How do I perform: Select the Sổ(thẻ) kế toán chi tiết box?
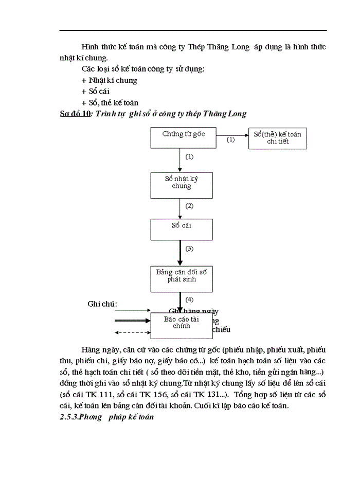[277, 138]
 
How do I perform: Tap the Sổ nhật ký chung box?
[181, 185]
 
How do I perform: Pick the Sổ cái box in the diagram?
[181, 228]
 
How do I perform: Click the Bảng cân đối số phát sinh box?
[181, 278]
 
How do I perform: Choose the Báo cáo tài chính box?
[181, 325]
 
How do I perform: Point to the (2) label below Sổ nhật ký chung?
[189, 206]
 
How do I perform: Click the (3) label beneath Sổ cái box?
[189, 249]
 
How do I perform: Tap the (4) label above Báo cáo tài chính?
[189, 299]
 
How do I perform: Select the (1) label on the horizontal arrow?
[230, 139]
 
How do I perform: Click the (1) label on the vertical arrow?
[189, 156]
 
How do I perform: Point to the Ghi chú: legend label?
[102, 304]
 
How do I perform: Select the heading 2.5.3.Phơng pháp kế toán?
[106, 418]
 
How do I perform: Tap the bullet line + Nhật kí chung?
[109, 80]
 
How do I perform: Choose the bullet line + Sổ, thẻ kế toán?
[110, 102]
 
